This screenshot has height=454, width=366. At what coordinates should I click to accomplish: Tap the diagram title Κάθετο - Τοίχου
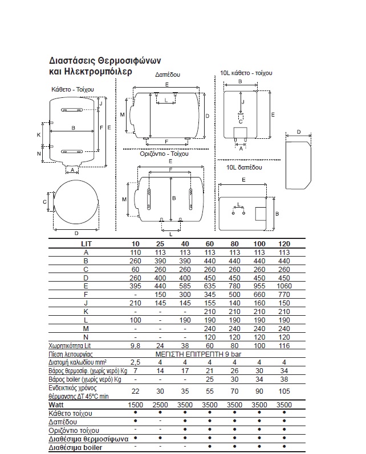72,89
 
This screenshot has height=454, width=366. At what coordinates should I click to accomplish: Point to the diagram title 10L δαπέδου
244,167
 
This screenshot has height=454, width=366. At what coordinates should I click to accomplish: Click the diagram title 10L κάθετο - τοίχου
246,73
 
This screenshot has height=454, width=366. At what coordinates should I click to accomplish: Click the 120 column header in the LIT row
284,243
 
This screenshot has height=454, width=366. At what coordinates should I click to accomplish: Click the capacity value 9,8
135,345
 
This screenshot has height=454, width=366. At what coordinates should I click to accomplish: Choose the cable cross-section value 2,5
135,362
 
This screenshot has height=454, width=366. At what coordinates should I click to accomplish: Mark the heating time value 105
284,391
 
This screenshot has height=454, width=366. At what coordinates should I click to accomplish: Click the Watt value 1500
135,405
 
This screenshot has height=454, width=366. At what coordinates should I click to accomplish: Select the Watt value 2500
160,405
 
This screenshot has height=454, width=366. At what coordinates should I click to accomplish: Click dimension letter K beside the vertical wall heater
39,135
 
